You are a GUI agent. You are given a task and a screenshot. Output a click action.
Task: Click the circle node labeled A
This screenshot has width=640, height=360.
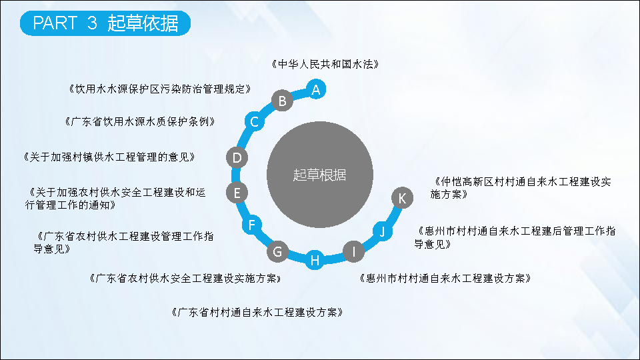(x=315, y=89)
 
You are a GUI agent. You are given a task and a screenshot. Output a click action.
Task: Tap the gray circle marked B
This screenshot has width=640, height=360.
(x=282, y=101)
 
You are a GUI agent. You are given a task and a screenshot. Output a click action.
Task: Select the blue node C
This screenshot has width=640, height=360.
(x=254, y=121)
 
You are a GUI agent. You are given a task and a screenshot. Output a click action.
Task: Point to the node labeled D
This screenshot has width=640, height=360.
(x=237, y=157)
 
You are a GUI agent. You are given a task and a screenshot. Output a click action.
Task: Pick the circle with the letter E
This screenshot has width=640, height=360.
(x=237, y=193)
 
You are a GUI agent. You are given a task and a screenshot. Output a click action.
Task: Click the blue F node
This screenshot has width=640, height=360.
(x=252, y=225)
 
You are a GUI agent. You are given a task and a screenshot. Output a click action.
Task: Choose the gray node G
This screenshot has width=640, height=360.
(x=277, y=251)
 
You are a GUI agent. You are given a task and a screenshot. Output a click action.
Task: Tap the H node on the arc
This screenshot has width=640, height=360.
(x=315, y=260)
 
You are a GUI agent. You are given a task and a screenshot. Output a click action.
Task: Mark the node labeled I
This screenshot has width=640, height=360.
(x=353, y=251)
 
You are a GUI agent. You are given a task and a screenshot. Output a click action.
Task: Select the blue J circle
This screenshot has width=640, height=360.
(x=383, y=231)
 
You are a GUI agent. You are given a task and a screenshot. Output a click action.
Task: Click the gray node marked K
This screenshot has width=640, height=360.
(x=402, y=198)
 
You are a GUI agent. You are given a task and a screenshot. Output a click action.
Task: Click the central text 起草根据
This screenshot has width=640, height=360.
(x=319, y=175)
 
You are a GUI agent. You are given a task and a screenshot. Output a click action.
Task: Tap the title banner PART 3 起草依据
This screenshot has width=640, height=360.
(x=105, y=23)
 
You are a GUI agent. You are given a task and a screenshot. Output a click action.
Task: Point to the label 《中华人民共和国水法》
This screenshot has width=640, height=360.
(x=325, y=64)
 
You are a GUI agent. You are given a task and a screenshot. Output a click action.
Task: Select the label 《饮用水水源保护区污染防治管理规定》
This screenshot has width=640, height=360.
(x=159, y=89)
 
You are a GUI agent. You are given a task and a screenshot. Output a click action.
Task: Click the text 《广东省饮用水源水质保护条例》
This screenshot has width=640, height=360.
(x=139, y=121)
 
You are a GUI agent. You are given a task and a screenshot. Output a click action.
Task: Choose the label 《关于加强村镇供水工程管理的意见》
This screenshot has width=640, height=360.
(x=109, y=157)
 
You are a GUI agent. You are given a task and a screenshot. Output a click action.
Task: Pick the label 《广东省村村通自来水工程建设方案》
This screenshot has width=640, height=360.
(x=257, y=312)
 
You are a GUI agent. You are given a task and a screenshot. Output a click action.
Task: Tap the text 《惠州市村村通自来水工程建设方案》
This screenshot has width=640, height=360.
(x=445, y=279)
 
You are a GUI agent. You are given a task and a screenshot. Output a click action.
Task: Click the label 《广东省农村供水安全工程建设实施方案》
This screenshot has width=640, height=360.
(x=185, y=279)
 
